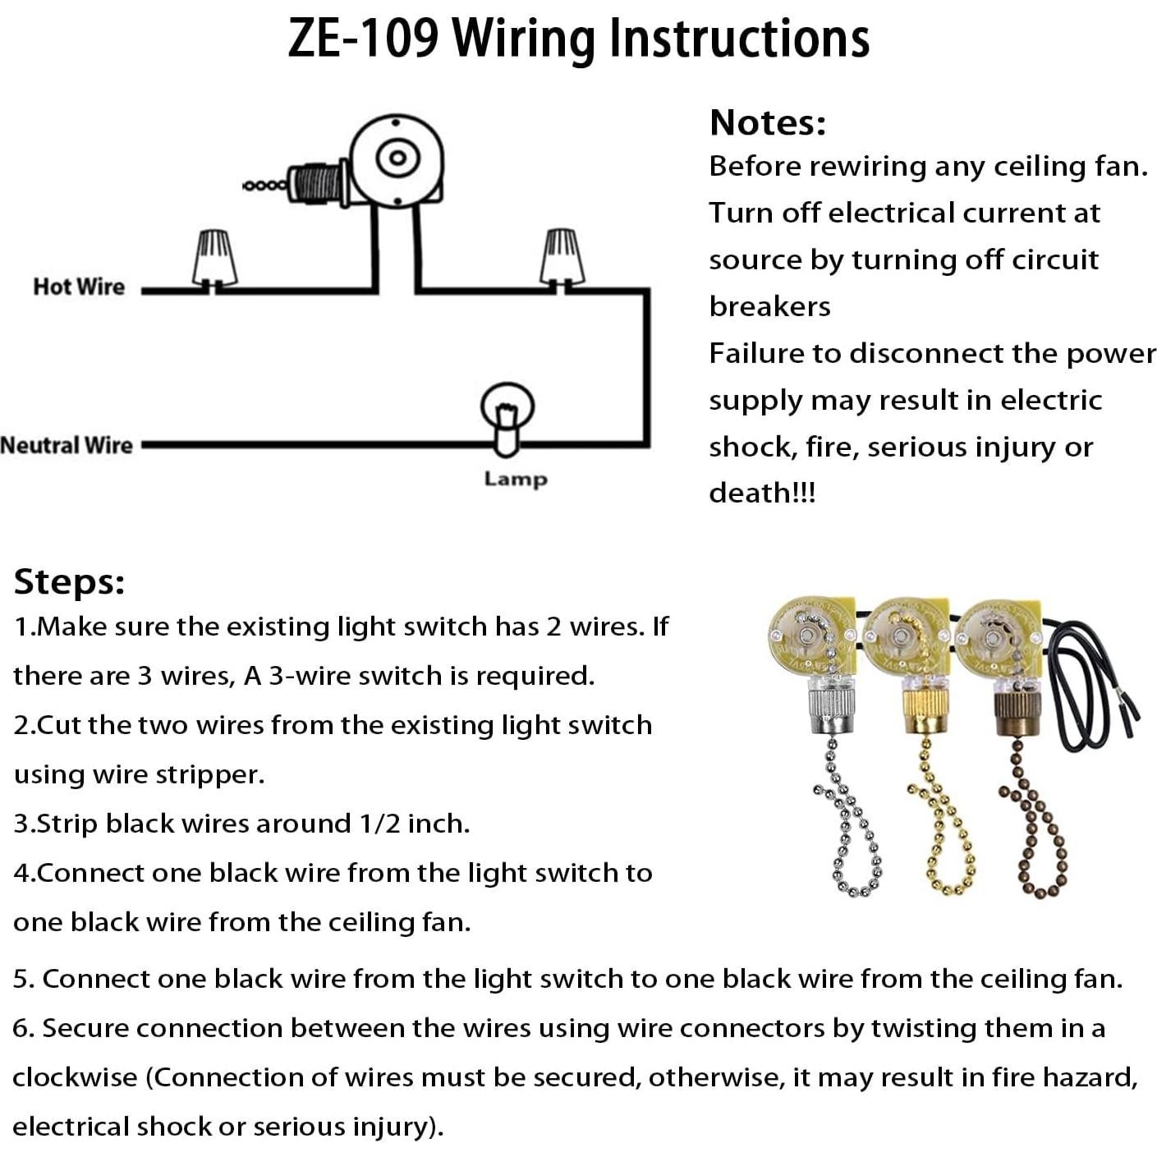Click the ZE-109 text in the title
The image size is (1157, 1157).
pos(363,38)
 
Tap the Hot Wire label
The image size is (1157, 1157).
pos(79,287)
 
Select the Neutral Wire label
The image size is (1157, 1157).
pos(67,445)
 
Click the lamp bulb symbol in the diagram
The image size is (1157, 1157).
pos(507,416)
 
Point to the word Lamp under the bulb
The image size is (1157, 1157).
pos(515,479)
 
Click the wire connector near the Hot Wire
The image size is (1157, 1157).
pos(215,258)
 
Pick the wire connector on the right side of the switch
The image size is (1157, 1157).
pos(562,257)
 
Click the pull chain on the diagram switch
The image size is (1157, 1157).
pos(265,186)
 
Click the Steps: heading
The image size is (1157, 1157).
pos(70,581)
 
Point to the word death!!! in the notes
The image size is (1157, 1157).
pos(762,493)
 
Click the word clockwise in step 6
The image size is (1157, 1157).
pos(75,1077)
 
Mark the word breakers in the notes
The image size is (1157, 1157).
pos(769,306)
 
